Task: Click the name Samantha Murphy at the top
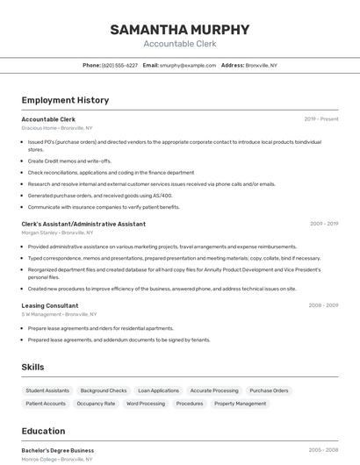coord(179,29)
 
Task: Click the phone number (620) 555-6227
coord(119,65)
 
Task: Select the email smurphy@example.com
coord(188,65)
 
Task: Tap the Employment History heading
coord(65,100)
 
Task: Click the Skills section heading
coord(32,367)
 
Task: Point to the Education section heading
coord(43,431)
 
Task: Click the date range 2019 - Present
coord(320,118)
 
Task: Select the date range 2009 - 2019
coord(323,224)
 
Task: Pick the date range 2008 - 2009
coord(323,305)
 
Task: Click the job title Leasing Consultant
coord(50,305)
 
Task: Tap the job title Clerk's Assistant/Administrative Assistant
coord(77,224)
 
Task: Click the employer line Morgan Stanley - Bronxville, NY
coord(57,232)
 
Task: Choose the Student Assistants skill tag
coord(47,390)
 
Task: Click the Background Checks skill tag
coord(104,390)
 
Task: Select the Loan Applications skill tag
coord(158,390)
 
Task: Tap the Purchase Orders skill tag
coord(269,390)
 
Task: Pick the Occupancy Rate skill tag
coord(96,404)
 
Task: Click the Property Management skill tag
coord(240,404)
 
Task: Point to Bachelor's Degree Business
coord(58,450)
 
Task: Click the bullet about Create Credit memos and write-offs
coord(69,161)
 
